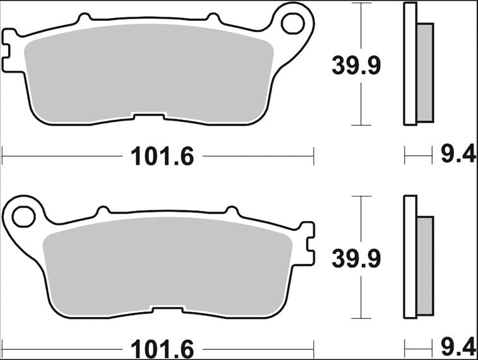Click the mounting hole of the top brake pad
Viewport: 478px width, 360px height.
[x=292, y=23]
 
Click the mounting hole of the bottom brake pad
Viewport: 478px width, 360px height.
[x=22, y=215]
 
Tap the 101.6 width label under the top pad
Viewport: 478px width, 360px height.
[x=162, y=155]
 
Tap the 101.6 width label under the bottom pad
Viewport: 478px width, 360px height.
[x=162, y=348]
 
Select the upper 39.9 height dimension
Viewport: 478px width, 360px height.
[x=357, y=65]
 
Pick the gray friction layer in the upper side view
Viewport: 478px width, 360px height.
[x=426, y=73]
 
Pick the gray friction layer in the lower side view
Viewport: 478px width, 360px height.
[x=426, y=265]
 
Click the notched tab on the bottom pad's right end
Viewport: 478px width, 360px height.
[x=308, y=243]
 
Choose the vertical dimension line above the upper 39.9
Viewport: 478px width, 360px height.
[x=361, y=25]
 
